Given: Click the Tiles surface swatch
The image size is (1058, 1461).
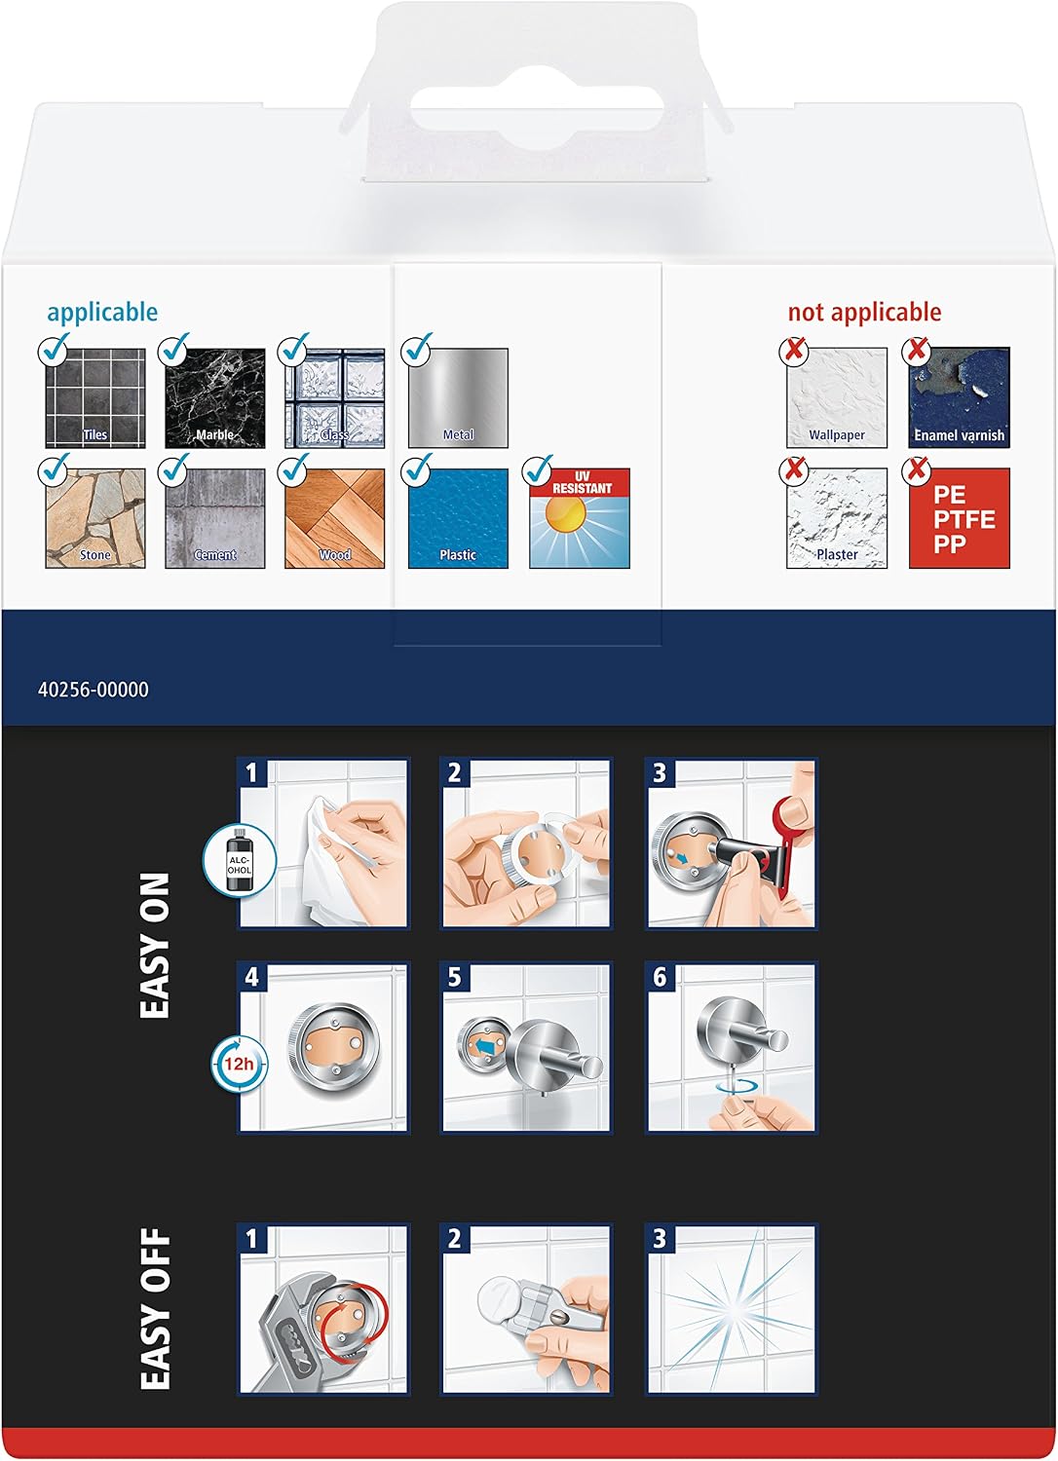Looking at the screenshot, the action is (x=95, y=397).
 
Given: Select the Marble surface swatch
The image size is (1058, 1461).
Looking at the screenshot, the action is (x=215, y=397).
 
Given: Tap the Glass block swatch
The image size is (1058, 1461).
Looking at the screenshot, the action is (x=334, y=397).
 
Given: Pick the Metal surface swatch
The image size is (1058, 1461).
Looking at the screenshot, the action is (x=458, y=397).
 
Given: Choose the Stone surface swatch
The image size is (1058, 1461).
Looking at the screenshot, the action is (x=95, y=518).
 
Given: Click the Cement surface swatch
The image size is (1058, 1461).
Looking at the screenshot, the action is (x=215, y=518).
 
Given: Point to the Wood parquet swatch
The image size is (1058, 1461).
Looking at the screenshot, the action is (x=334, y=518).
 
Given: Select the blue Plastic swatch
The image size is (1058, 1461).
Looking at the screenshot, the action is (x=458, y=518).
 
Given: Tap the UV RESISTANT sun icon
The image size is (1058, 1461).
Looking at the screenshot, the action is (x=580, y=518).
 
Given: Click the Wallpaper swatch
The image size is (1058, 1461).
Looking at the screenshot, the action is (x=837, y=397).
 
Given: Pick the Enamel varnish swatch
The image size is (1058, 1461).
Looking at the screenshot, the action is (x=960, y=397).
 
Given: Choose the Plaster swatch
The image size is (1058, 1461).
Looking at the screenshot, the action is (x=837, y=518).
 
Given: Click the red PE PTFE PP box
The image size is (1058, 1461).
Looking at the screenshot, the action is (x=960, y=518).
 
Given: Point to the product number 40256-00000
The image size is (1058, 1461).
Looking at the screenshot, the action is (x=94, y=690).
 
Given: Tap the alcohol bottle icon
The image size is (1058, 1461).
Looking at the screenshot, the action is (x=240, y=860).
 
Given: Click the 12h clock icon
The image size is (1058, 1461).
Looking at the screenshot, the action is (x=239, y=1065).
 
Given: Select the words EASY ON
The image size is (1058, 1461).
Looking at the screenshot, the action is (x=155, y=946).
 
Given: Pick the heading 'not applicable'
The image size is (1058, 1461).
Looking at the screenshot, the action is (x=864, y=313).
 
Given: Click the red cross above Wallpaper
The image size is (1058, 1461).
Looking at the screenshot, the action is (x=795, y=351).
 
